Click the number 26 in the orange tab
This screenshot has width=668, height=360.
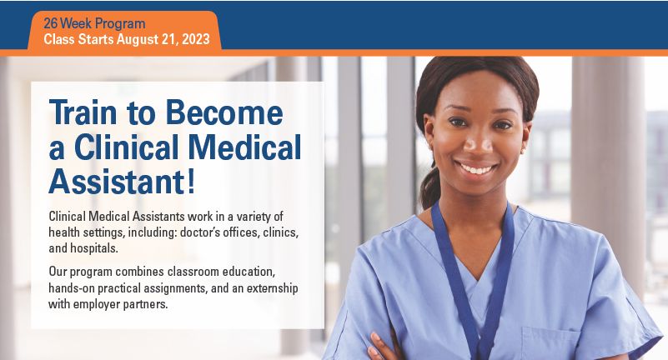[x=51, y=23]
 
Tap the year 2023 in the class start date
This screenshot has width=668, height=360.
[x=194, y=39]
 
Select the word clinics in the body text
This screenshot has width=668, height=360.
[x=272, y=231]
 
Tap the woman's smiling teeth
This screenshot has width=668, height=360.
[x=477, y=168]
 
